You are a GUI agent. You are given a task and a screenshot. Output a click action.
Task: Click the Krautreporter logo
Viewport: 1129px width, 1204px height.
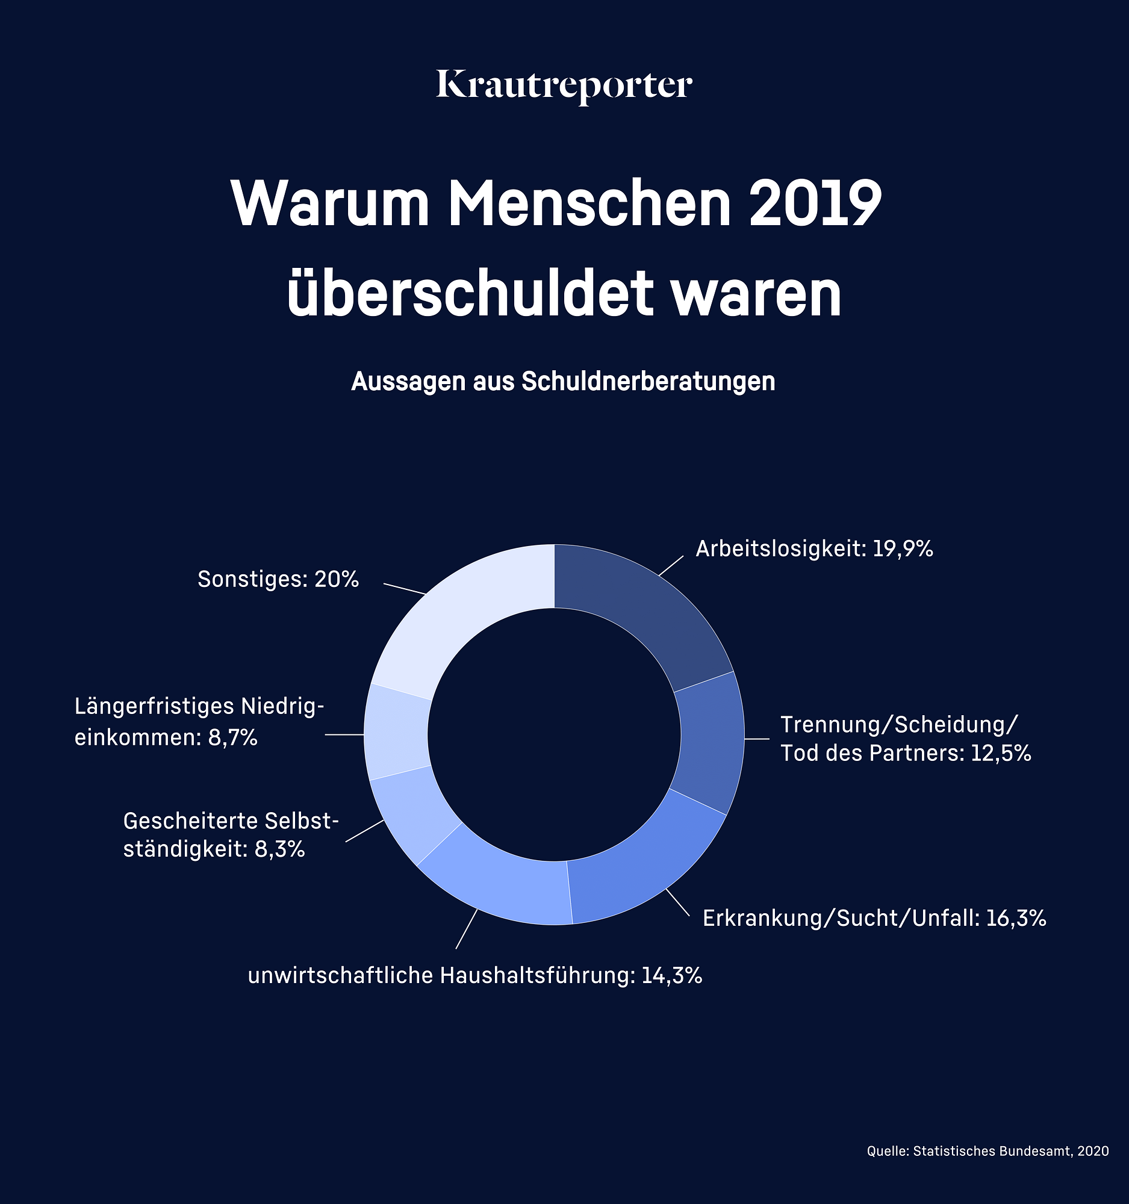click(x=564, y=86)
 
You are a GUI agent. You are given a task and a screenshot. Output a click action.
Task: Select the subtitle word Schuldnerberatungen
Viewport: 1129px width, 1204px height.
click(x=648, y=382)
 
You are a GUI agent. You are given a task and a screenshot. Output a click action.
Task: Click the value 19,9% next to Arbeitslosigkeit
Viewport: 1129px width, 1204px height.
click(x=903, y=548)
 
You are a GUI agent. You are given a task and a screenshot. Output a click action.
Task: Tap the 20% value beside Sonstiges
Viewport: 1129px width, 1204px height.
click(x=336, y=580)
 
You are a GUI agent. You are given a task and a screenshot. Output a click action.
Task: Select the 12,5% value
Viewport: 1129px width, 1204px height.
click(x=1001, y=754)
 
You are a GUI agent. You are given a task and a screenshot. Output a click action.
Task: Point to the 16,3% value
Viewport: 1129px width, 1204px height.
click(x=1016, y=919)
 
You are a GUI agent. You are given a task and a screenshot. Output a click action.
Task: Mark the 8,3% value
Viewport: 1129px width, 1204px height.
click(x=279, y=849)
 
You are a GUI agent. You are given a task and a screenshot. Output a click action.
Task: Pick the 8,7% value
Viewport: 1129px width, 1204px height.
click(x=232, y=738)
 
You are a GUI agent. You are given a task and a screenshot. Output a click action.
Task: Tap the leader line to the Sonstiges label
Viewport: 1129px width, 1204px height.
click(x=405, y=589)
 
